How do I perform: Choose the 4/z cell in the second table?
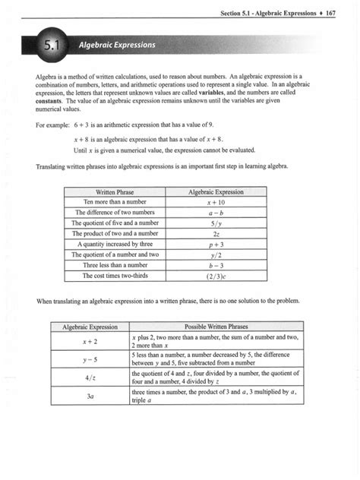click(89, 377)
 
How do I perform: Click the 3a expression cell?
click(89, 395)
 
